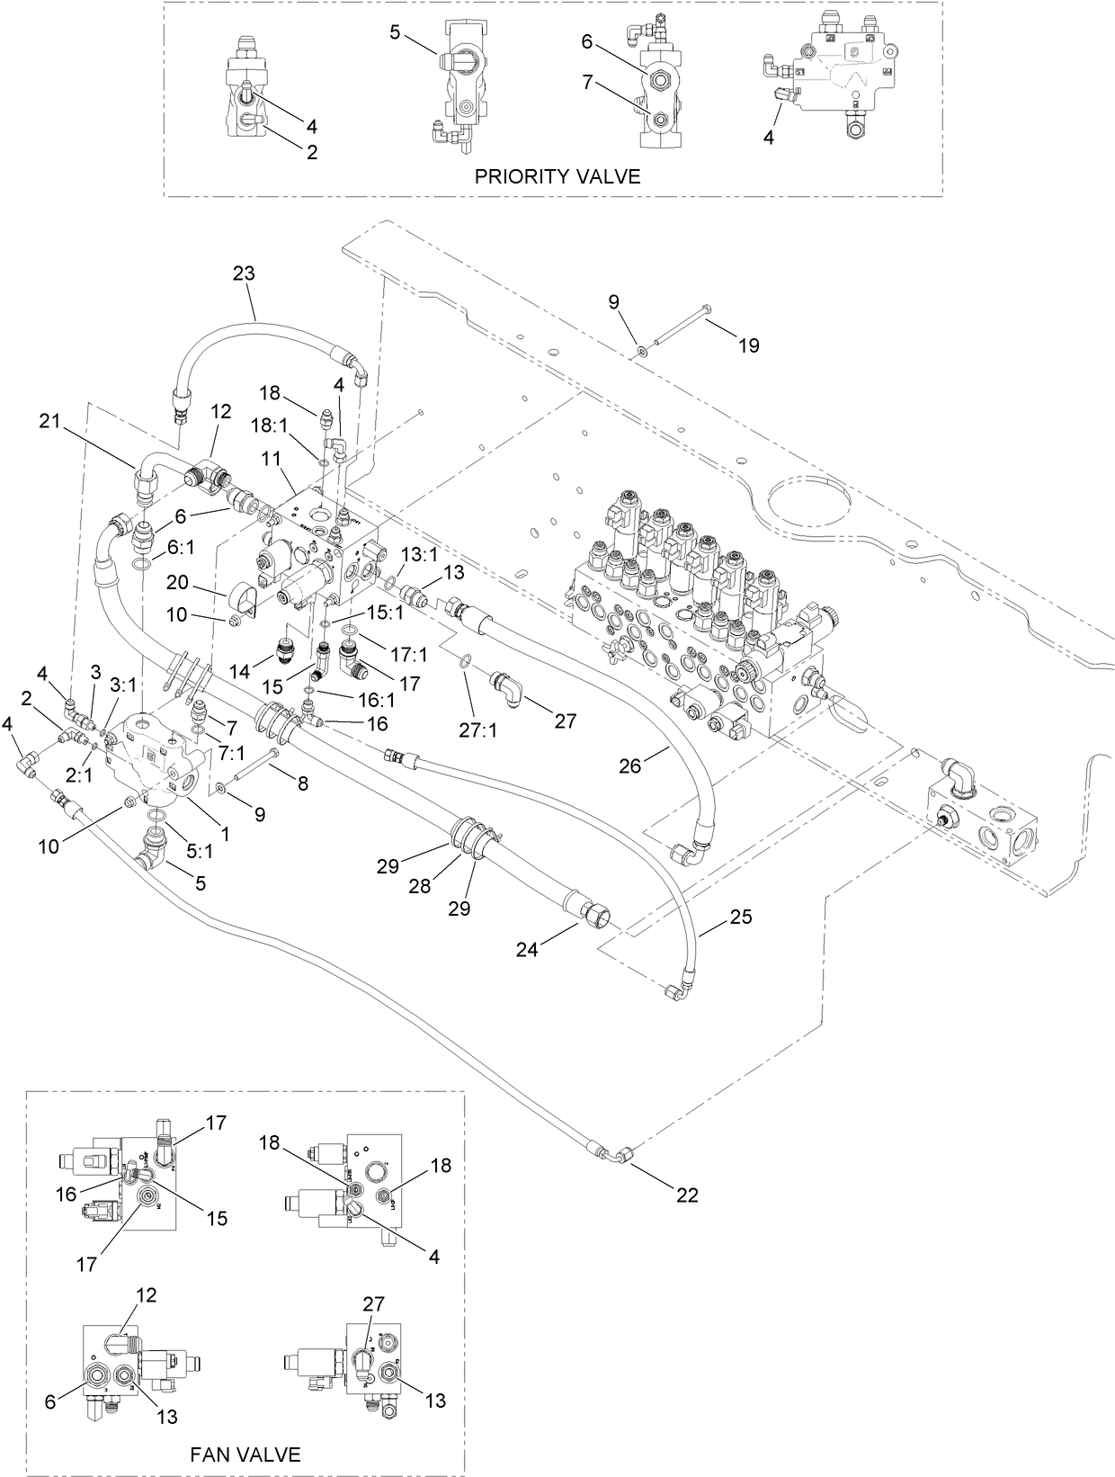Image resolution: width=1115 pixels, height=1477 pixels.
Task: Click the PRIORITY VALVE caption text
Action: [557, 176]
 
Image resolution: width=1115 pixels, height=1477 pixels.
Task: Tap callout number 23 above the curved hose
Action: [244, 274]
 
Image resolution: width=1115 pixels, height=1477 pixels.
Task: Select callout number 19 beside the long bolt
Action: [748, 345]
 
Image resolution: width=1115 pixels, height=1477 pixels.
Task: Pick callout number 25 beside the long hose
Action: [741, 918]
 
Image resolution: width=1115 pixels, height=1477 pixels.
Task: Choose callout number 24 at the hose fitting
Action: [527, 948]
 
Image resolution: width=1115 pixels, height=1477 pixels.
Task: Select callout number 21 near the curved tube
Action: [50, 420]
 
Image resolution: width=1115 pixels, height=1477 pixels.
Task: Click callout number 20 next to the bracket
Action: [177, 583]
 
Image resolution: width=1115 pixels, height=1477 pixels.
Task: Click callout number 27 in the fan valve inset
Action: [373, 1302]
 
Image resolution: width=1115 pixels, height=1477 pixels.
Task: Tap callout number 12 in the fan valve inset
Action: [147, 1295]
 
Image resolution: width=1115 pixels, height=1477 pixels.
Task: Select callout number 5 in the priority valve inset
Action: [395, 32]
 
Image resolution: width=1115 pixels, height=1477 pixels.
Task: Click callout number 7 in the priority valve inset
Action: [587, 83]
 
